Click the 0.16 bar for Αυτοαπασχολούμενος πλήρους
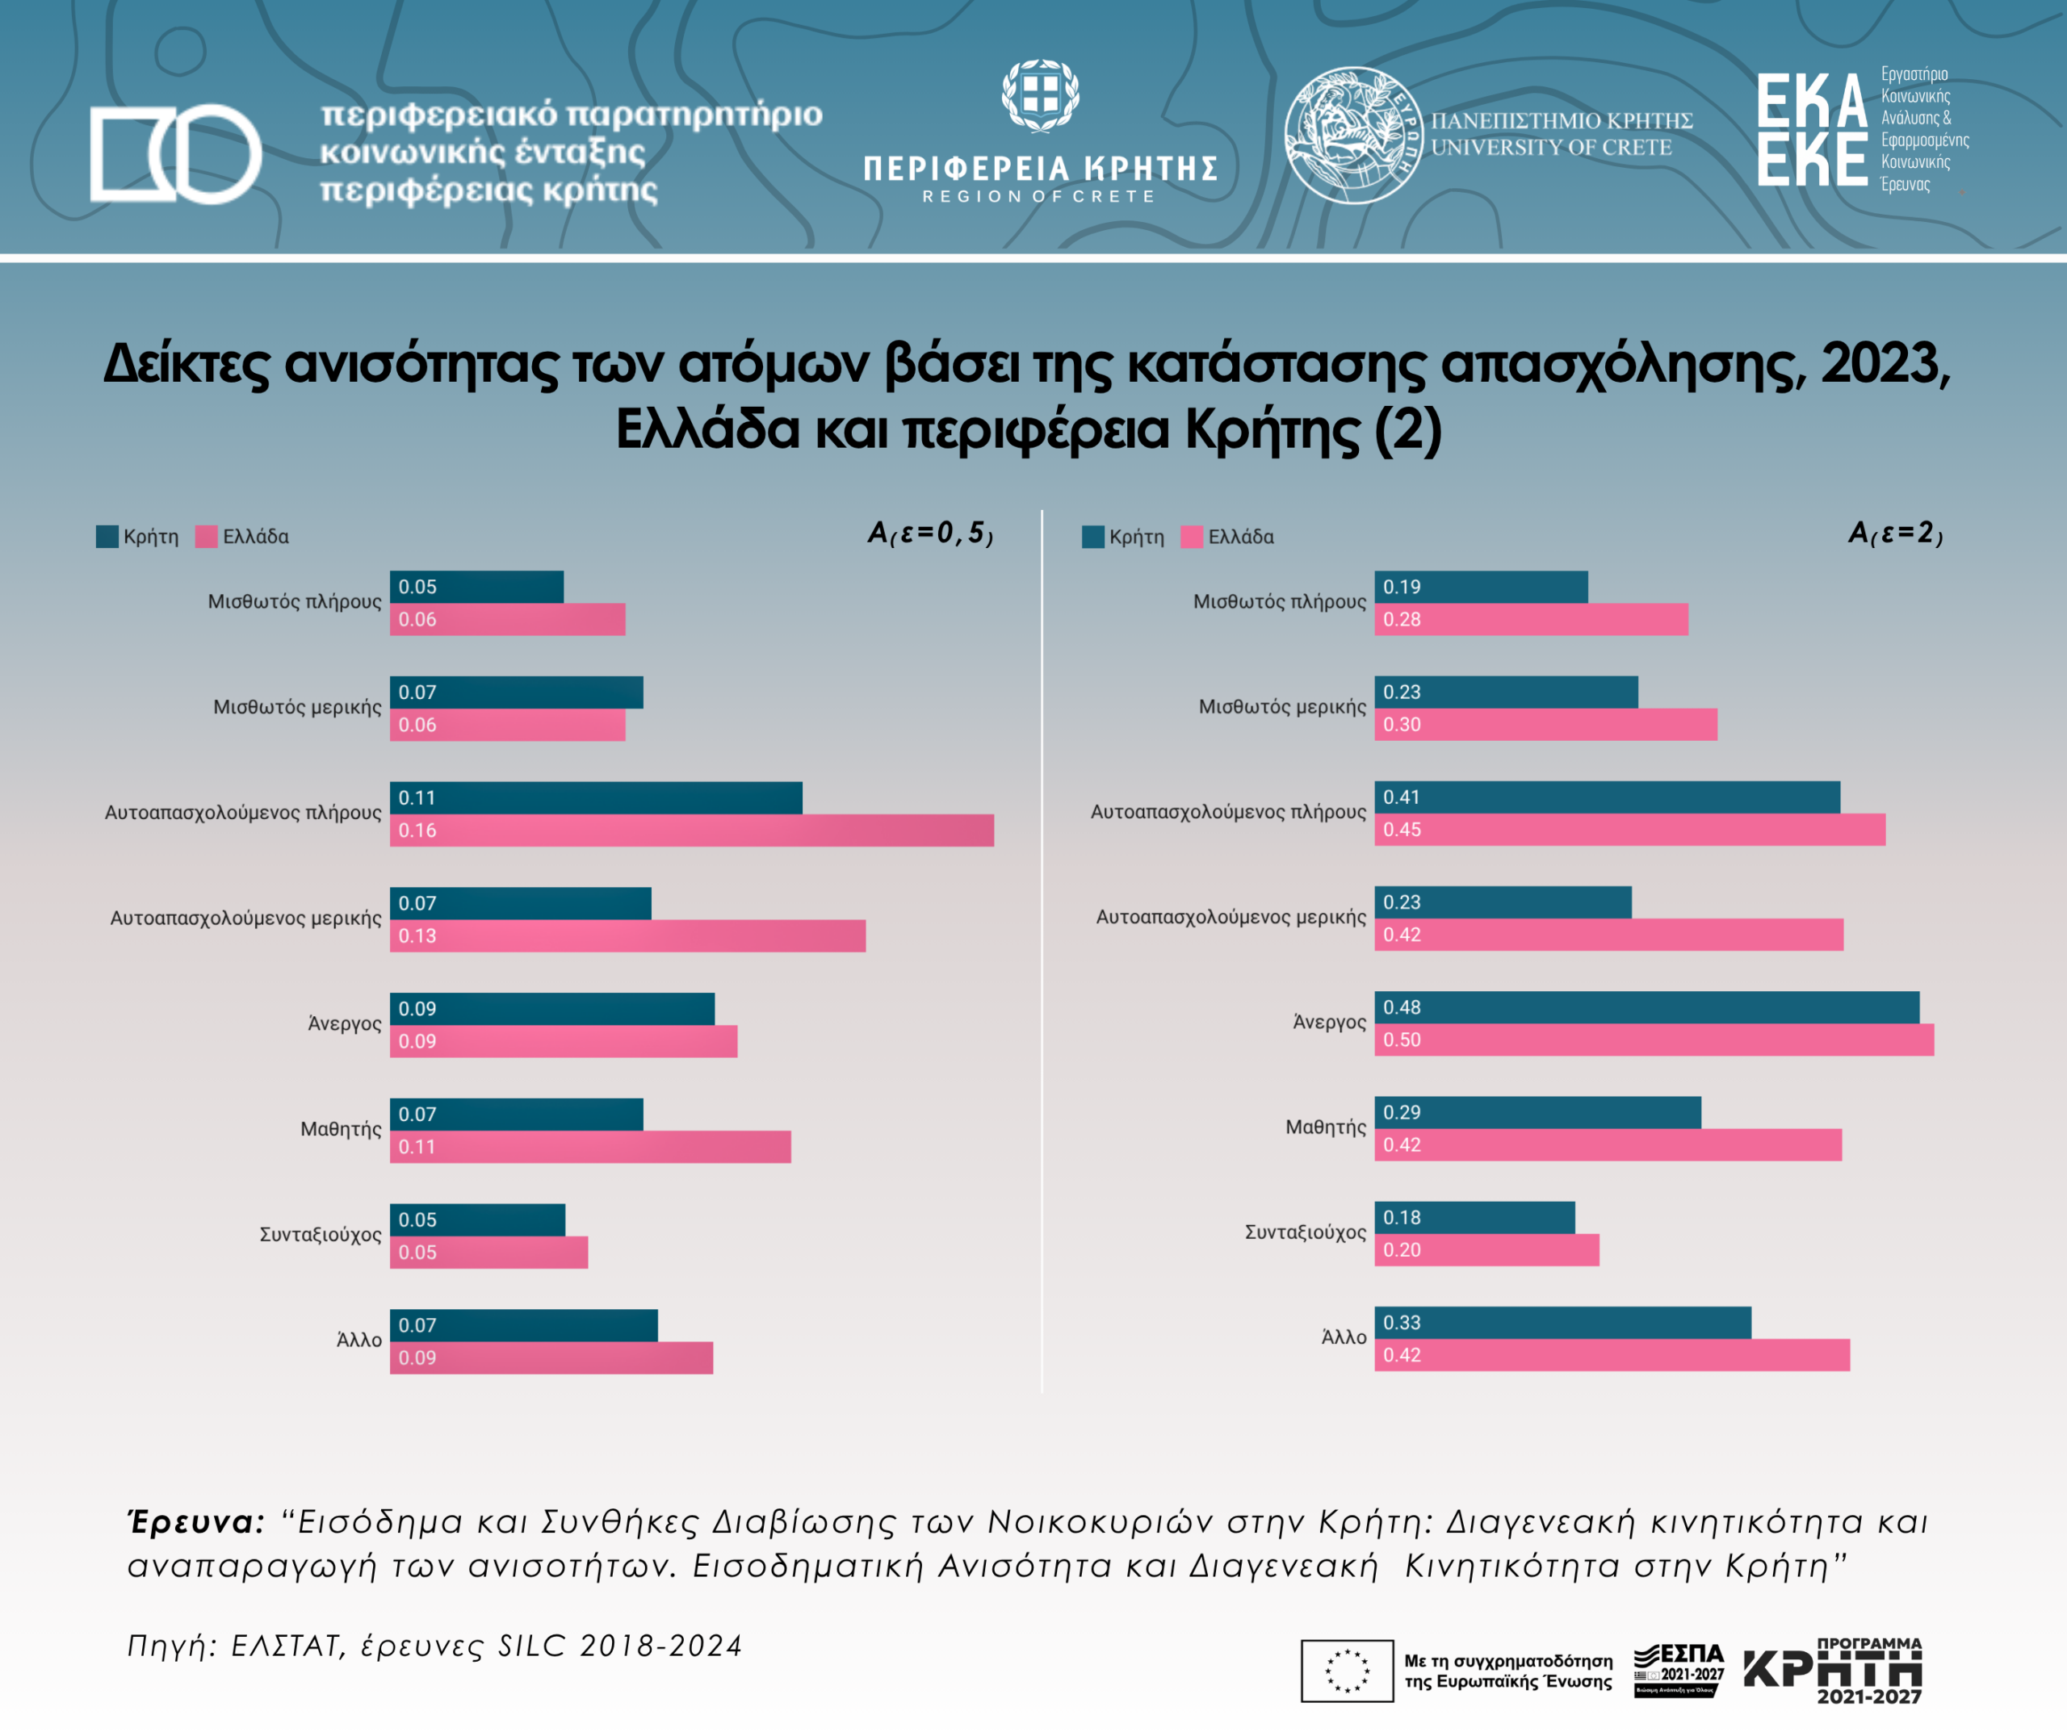[x=691, y=830]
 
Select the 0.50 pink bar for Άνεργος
[x=1654, y=1040]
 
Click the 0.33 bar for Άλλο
[x=1562, y=1323]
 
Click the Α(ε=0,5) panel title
[x=929, y=533]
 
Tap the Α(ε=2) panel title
[x=1895, y=533]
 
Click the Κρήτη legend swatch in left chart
[x=107, y=537]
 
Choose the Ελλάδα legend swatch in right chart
[x=1191, y=537]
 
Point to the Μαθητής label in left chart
[x=341, y=1129]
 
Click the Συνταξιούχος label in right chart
[x=1305, y=1232]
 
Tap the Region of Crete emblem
[x=1041, y=95]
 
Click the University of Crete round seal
[x=1353, y=135]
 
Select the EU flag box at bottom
[x=1347, y=1670]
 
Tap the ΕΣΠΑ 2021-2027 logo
[x=1678, y=1669]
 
